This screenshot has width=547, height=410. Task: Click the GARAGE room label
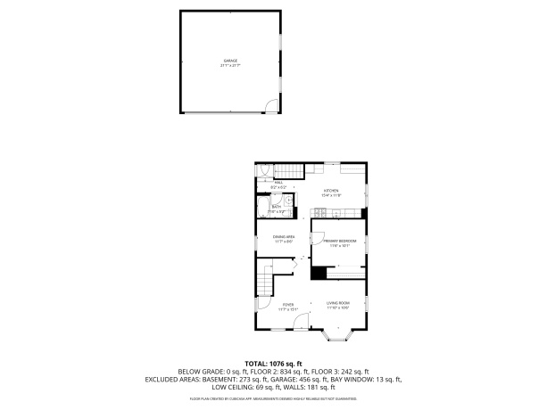pos(229,61)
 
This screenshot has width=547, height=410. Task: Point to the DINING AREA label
pos(284,238)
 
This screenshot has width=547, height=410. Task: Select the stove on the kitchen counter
pos(319,212)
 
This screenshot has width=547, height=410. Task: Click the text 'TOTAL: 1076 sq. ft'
pos(274,364)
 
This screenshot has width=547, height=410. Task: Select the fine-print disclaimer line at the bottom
pos(274,400)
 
